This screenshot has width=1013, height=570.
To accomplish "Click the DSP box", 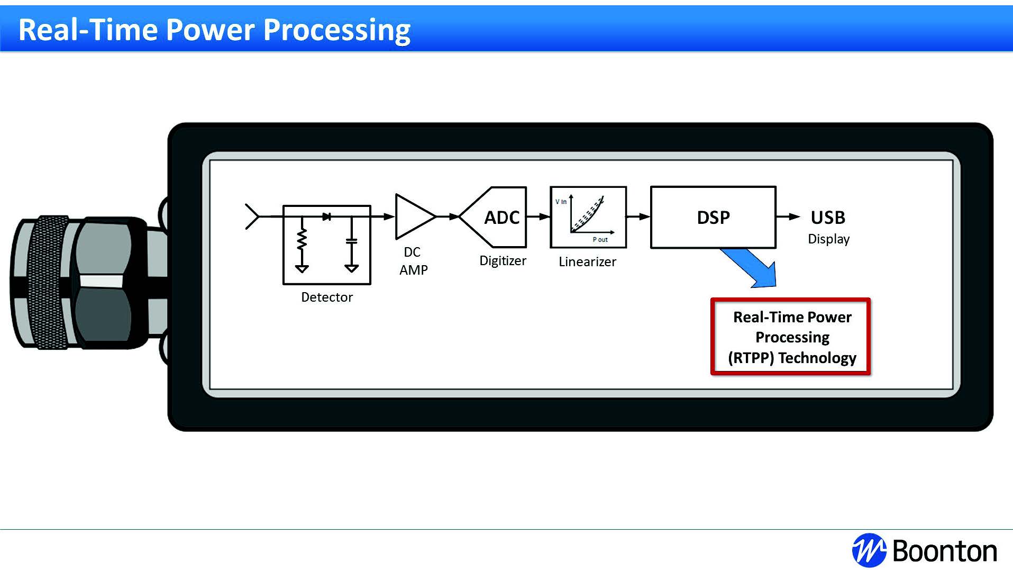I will (x=713, y=217).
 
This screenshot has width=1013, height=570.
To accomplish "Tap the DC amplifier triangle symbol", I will (x=413, y=216).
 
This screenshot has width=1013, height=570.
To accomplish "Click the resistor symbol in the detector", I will (x=302, y=239).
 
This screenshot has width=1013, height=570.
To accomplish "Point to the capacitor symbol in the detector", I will (x=351, y=241).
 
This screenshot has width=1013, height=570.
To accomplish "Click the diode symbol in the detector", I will (x=327, y=216).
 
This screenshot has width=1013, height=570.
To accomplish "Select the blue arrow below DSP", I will (x=752, y=268).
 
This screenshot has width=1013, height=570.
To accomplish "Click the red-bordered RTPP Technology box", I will (x=791, y=337).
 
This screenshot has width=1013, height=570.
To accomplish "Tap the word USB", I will (x=828, y=218).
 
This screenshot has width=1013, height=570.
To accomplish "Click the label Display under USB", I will (x=828, y=239).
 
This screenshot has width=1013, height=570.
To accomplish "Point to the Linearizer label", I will (x=587, y=262).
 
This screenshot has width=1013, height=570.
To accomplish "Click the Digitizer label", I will (x=503, y=261).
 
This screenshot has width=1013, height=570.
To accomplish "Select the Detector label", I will (x=326, y=297).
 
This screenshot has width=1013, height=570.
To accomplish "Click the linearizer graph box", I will (x=588, y=217).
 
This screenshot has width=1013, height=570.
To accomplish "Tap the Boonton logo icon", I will (x=868, y=550).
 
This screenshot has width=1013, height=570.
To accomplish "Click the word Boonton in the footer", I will (x=945, y=551).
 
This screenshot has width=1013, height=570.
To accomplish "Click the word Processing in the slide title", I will (x=336, y=30).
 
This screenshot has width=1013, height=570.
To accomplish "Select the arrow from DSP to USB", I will (x=788, y=216).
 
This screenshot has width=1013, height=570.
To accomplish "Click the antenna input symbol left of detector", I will (x=252, y=216).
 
